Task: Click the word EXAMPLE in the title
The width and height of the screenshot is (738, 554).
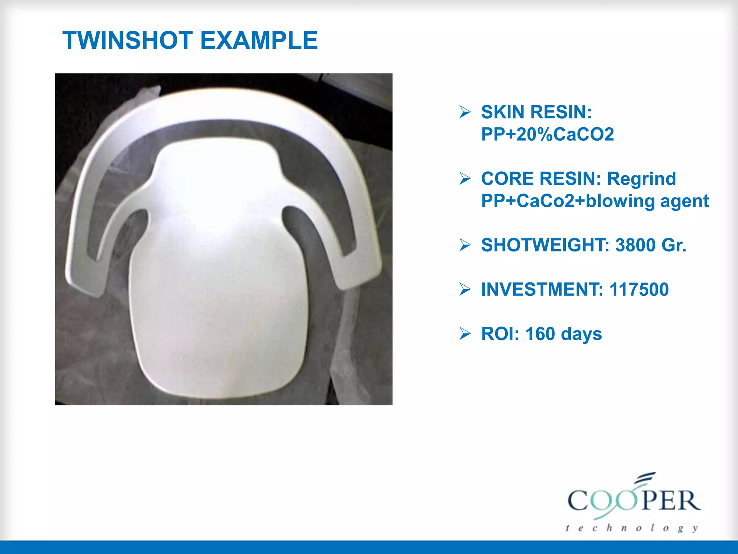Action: tap(259, 40)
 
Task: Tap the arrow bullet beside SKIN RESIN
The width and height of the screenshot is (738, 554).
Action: tap(465, 112)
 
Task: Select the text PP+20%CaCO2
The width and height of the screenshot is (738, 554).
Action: tap(547, 135)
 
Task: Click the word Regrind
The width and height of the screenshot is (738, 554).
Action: tap(641, 179)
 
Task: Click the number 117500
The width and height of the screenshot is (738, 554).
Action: tap(639, 290)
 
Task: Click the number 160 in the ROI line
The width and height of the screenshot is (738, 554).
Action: tap(540, 334)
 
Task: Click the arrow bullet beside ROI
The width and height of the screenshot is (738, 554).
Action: tap(465, 334)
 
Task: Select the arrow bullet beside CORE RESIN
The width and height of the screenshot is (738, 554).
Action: tap(465, 179)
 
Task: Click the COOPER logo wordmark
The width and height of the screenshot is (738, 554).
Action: tap(634, 500)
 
